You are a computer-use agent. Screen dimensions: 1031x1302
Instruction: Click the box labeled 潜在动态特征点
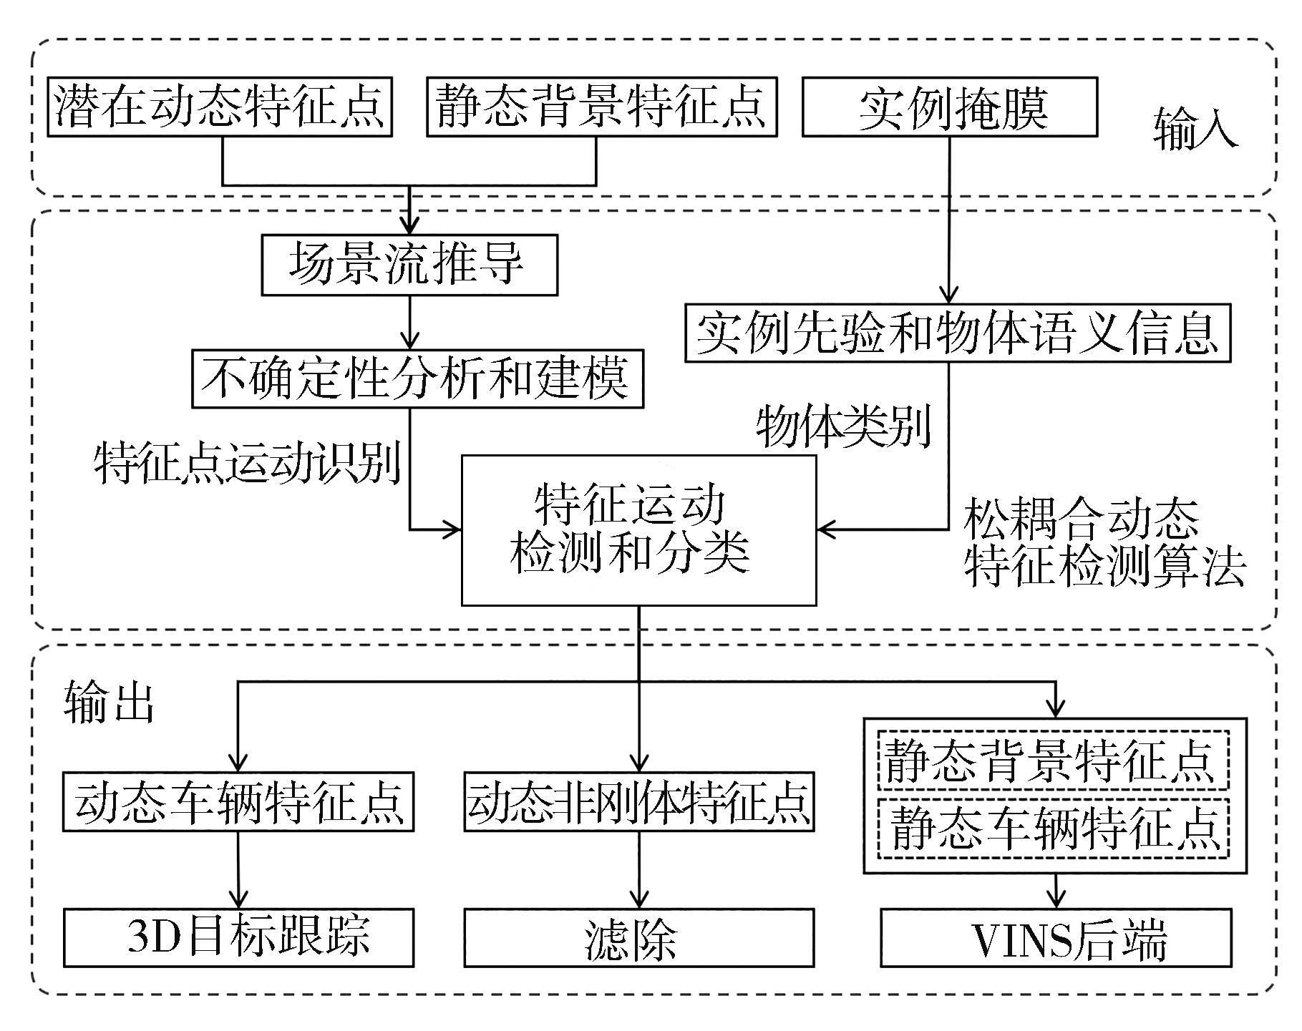220,107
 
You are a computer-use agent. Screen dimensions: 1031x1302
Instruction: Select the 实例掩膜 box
949,107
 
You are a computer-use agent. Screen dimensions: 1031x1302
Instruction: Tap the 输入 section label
1195,130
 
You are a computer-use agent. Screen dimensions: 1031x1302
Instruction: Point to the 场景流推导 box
409,265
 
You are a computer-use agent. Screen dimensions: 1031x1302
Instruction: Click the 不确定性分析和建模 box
417,378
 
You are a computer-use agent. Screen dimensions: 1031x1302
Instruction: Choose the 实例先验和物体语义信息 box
958,333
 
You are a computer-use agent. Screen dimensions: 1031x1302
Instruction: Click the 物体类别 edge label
843,426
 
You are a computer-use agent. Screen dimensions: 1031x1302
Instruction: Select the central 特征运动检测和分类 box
638,529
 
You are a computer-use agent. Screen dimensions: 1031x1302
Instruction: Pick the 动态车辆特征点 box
238,801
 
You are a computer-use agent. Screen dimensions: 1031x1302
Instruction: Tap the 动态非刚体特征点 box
638,801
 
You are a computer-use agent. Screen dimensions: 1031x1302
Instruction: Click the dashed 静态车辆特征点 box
1054,828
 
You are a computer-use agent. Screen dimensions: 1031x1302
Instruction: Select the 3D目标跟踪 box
238,937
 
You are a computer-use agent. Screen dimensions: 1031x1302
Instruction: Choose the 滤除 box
638,937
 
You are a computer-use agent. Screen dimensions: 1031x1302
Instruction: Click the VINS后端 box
1056,937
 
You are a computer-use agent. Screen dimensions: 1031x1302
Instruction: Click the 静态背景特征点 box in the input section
601,107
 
